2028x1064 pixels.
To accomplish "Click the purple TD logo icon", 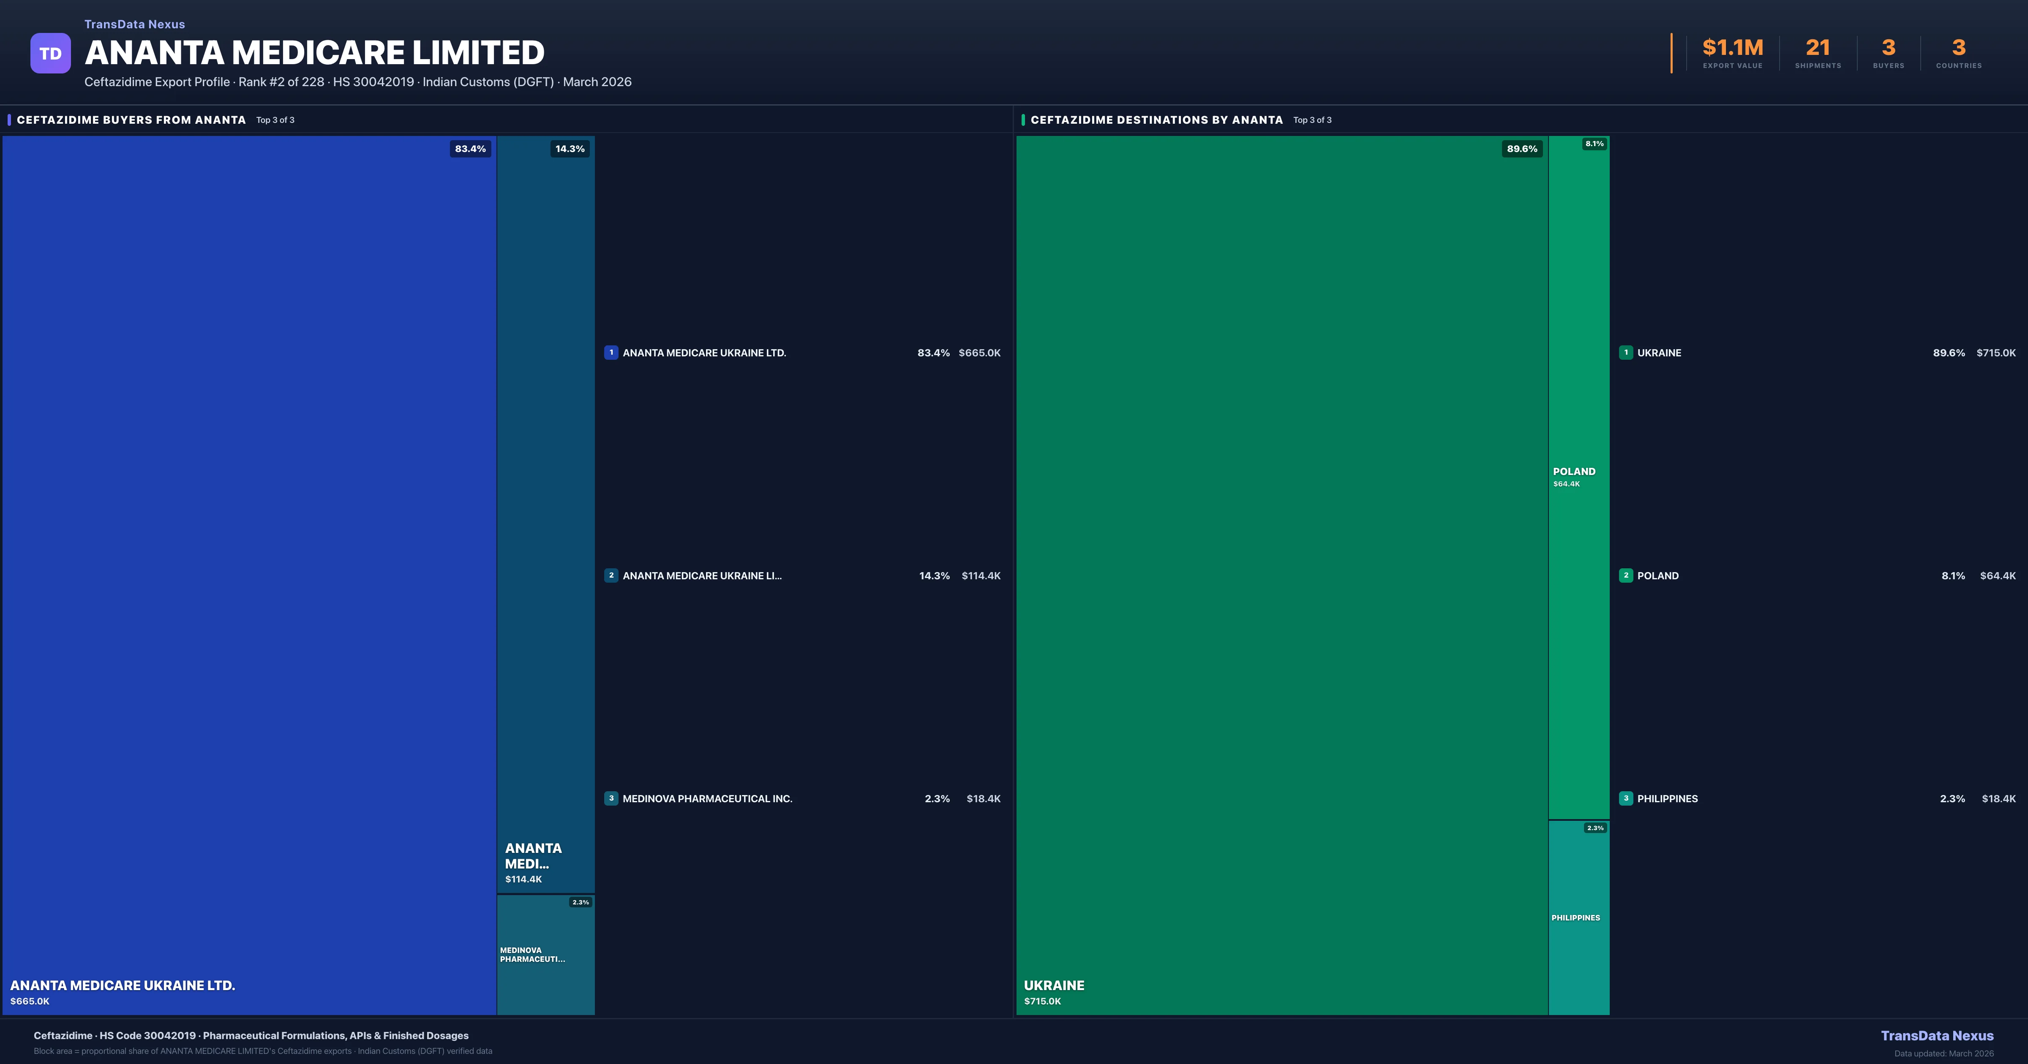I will pos(50,54).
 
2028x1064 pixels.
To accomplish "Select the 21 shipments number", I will pos(1817,48).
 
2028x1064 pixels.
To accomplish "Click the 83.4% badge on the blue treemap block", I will pos(470,149).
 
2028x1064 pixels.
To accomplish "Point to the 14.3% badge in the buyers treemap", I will pos(569,149).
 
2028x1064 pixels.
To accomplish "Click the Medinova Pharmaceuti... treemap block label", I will pos(532,955).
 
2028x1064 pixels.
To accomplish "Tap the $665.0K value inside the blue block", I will pos(30,1001).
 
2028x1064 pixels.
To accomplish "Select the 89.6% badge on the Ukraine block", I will pos(1521,149).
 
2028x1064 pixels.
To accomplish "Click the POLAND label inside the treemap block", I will pos(1574,471).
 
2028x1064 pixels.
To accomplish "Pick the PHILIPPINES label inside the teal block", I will pos(1576,917).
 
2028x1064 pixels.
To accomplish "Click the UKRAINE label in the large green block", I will pos(1053,985).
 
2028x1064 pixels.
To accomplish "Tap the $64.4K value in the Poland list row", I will pos(1997,576).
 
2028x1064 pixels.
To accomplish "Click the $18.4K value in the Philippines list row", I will pos(1998,799).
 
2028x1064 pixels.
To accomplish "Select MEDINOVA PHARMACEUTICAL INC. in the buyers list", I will pos(707,799).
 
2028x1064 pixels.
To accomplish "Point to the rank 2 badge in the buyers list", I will pos(611,575).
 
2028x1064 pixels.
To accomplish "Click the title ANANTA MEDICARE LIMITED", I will pos(314,53).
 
